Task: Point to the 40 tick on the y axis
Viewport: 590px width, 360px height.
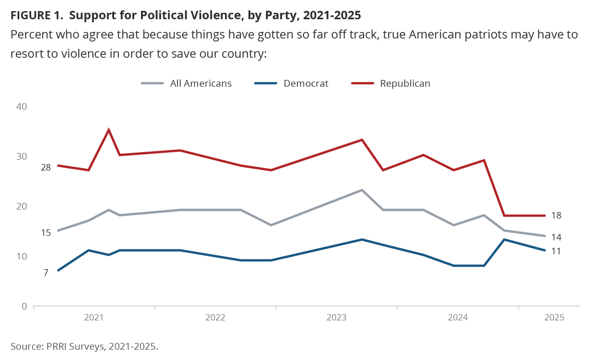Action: [x=22, y=106]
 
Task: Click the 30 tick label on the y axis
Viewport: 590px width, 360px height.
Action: [x=22, y=156]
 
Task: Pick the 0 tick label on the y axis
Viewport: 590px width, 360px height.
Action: [x=24, y=306]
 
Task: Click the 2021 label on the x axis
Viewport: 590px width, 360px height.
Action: [x=94, y=317]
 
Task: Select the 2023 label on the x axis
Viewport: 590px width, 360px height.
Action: [x=336, y=317]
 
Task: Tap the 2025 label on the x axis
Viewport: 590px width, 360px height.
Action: [x=554, y=317]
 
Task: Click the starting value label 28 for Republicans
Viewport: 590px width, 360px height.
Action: [x=46, y=168]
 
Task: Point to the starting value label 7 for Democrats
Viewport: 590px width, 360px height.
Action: [x=46, y=273]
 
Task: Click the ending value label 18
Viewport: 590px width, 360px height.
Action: [x=556, y=216]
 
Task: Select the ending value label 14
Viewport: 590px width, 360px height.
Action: [x=556, y=237]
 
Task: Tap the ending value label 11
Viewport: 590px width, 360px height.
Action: [x=556, y=251]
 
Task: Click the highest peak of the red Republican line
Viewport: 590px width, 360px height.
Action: [x=109, y=130]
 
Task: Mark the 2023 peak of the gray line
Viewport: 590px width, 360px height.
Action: [x=361, y=190]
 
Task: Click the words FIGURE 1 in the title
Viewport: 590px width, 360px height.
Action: [x=36, y=15]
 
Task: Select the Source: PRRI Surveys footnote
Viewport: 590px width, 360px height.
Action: [x=84, y=346]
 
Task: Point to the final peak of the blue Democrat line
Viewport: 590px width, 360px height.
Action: [x=504, y=239]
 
